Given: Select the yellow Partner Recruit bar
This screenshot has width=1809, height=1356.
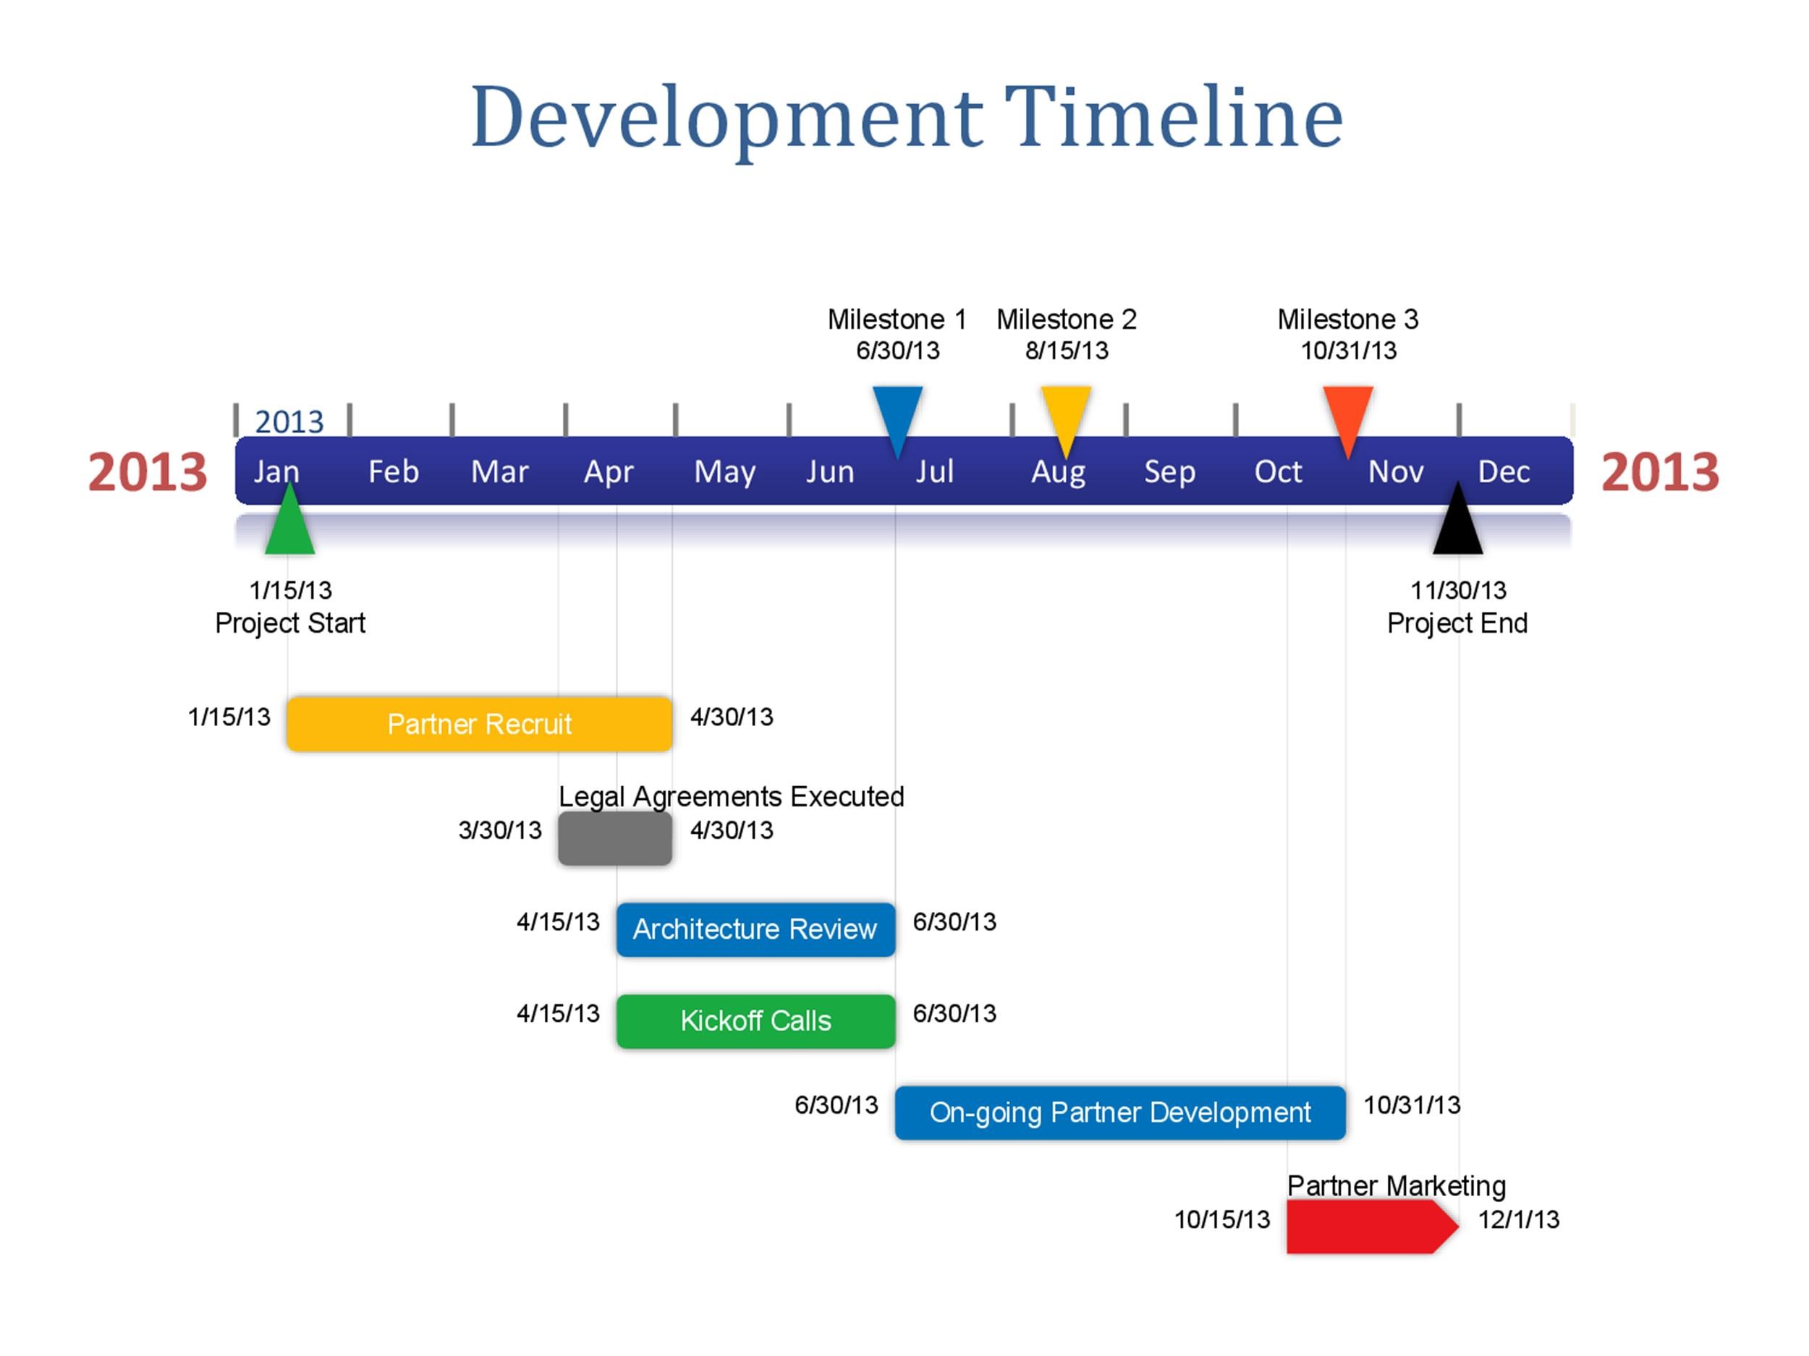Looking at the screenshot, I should pyautogui.click(x=479, y=723).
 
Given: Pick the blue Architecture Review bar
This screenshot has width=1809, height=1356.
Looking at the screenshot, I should pyautogui.click(x=755, y=929).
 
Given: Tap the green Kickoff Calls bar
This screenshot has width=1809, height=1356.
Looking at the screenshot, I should pyautogui.click(x=755, y=1021).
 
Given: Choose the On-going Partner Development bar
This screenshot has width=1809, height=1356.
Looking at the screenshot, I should pyautogui.click(x=1119, y=1112).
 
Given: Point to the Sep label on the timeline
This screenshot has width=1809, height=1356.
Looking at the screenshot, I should pyautogui.click(x=1169, y=472).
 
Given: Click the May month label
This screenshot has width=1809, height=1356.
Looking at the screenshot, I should pyautogui.click(x=724, y=472).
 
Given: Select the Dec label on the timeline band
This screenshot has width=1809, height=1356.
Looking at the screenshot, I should pyautogui.click(x=1503, y=472).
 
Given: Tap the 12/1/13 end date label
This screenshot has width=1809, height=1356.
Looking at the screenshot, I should pyautogui.click(x=1519, y=1219).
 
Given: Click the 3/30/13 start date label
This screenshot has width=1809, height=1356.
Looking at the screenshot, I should pyautogui.click(x=500, y=830).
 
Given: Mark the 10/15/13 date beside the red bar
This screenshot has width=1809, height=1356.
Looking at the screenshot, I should pyautogui.click(x=1222, y=1219).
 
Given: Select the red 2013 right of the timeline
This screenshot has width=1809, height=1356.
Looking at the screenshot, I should pyautogui.click(x=1660, y=472).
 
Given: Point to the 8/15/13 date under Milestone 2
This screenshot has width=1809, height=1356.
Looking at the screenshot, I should pyautogui.click(x=1067, y=351).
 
